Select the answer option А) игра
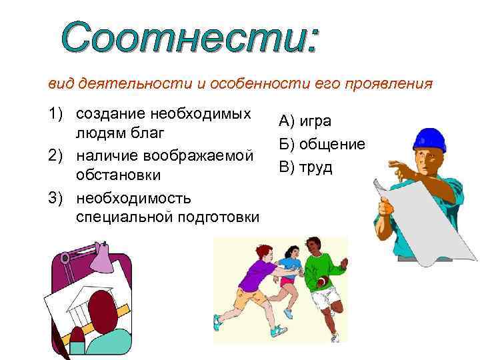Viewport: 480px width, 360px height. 305,121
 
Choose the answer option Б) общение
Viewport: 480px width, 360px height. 322,144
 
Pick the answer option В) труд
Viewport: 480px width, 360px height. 305,167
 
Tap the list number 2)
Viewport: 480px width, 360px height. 58,155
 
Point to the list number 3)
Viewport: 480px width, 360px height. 58,199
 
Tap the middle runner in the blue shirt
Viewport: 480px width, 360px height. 289,270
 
